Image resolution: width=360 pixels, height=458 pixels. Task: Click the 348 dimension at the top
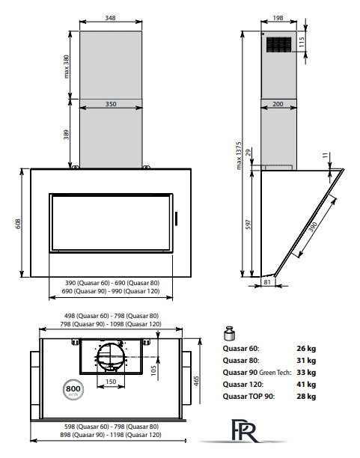pos(110,18)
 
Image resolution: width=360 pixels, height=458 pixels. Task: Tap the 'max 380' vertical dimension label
pos(67,67)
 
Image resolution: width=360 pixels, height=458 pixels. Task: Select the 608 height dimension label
pos(18,224)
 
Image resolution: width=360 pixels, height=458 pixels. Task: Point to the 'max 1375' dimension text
pos(239,156)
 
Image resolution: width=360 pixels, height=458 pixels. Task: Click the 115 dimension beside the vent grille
pos(302,42)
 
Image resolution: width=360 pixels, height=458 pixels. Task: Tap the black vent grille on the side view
pos(278,45)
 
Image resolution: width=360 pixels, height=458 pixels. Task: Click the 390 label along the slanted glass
pos(313,227)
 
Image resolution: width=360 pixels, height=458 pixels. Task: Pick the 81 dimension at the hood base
pos(267,282)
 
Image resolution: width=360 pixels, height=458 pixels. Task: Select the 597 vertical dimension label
pos(248,225)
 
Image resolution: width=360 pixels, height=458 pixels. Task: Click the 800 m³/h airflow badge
pos(73,390)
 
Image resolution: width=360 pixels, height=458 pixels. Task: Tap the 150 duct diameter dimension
pos(111,382)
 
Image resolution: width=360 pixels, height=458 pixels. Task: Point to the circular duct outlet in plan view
pos(111,356)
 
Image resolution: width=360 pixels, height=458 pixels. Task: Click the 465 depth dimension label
pos(196,381)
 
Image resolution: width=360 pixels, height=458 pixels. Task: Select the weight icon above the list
pos(230,334)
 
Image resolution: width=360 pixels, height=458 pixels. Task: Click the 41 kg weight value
pos(306,384)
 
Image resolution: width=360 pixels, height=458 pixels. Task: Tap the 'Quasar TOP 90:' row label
pos(248,397)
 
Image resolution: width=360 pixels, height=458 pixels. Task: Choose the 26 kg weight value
pos(306,348)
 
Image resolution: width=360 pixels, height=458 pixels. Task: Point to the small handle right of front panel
pos(176,219)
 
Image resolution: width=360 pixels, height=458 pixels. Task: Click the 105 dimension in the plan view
pos(153,370)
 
